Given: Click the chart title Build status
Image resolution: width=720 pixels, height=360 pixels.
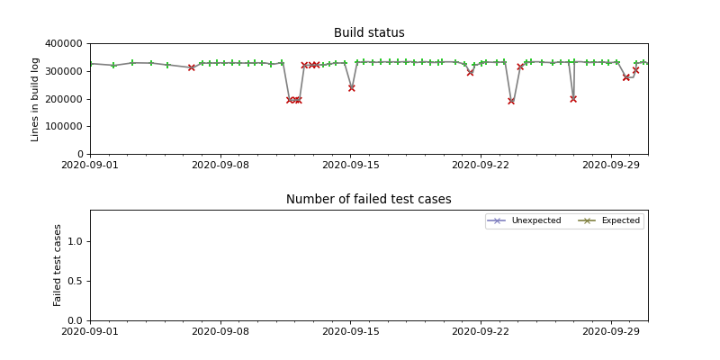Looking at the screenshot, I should click(369, 33).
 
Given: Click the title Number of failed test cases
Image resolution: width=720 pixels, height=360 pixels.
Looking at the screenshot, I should click(369, 200).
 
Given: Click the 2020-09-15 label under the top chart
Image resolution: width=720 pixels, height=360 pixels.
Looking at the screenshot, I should click(351, 166).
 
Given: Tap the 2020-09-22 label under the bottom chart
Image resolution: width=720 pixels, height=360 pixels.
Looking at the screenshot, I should click(481, 332).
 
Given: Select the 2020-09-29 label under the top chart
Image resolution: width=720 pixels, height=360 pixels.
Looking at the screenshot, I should click(611, 166).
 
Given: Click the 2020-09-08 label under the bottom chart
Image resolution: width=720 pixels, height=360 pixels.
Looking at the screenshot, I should click(220, 332).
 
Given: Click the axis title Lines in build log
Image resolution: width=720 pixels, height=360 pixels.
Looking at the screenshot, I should click(36, 99).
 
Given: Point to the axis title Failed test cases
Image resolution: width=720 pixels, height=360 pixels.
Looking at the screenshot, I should click(58, 265).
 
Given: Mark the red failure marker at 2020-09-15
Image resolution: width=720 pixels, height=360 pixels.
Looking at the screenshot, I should click(351, 88).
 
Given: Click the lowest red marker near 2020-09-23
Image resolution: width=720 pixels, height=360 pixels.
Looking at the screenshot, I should click(511, 101).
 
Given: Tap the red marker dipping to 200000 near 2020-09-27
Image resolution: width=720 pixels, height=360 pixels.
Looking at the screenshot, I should click(573, 99).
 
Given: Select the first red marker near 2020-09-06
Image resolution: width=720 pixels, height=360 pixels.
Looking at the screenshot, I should click(191, 67).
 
